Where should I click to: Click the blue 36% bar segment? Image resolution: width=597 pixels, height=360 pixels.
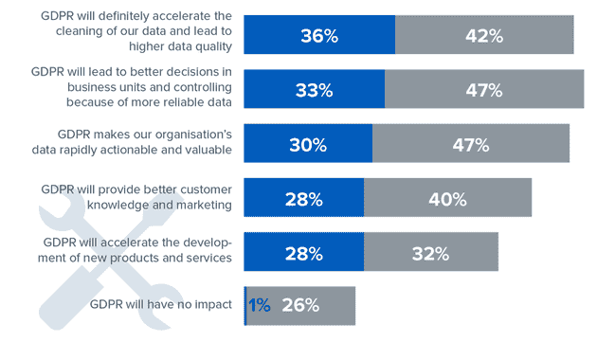pos(319,35)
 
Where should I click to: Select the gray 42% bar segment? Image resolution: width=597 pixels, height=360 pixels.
pos(484,35)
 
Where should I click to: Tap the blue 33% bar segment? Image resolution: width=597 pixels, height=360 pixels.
pos(314,90)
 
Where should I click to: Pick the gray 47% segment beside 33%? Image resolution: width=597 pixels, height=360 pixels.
pos(483,90)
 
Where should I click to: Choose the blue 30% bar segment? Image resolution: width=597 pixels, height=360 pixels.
pos(308,144)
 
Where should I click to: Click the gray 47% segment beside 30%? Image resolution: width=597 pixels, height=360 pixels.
pos(471,144)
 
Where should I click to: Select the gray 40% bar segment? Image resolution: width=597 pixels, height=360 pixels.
pos(447,198)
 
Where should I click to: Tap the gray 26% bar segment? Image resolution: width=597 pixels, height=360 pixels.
pos(301,306)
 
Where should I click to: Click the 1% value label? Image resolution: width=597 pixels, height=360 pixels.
pos(259,306)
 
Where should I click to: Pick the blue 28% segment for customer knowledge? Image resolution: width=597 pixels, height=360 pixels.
pos(304,198)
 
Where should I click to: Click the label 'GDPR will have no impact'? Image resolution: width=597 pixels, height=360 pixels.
pos(160,305)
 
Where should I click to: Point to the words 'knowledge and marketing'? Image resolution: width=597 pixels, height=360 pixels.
pos(159,205)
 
